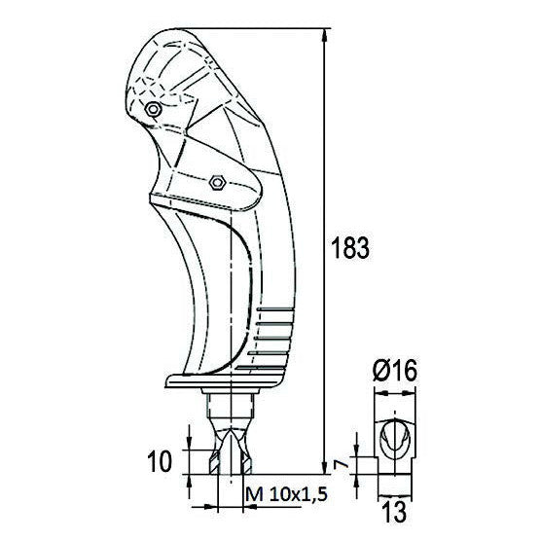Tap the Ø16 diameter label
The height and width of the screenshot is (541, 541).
pyautogui.click(x=393, y=372)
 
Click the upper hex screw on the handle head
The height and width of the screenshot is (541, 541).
pyautogui.click(x=152, y=110)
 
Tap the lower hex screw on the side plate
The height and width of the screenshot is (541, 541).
pyautogui.click(x=217, y=181)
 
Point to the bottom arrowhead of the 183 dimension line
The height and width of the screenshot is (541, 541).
pyautogui.click(x=323, y=467)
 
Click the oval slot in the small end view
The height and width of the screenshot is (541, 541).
pyautogui.click(x=393, y=438)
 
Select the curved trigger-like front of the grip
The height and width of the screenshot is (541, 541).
pyautogui.click(x=185, y=282)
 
